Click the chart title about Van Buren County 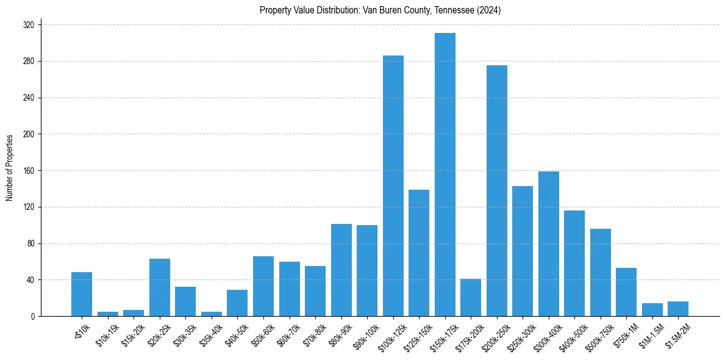coord(380,10)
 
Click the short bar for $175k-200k coord(471,298)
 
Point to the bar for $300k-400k coord(549,244)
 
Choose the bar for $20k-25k coord(160,287)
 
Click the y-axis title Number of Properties coord(10,168)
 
